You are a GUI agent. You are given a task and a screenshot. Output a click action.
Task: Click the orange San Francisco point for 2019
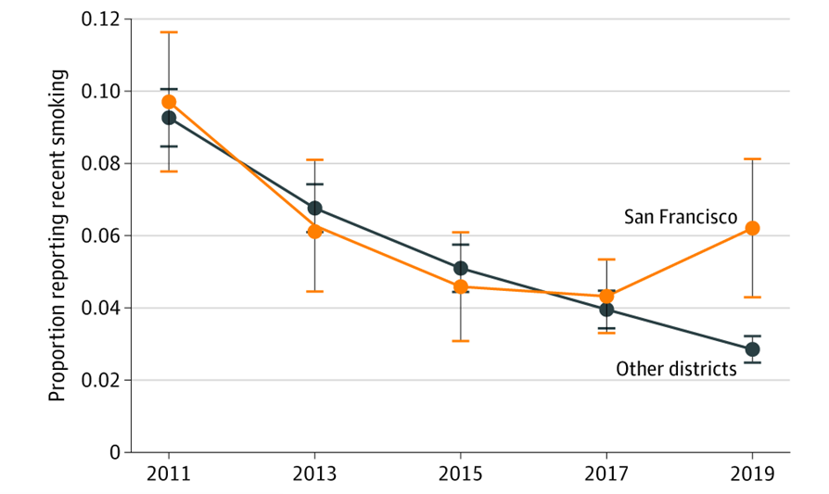(x=752, y=228)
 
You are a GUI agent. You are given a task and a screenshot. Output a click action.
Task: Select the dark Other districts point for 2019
(x=752, y=349)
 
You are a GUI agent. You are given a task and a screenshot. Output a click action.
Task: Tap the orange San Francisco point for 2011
(x=169, y=102)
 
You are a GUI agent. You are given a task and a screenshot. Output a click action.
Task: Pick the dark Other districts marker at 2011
(x=169, y=118)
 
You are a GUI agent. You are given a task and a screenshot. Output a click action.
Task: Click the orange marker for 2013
(x=314, y=231)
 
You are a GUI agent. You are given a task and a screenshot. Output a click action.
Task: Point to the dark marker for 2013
(x=314, y=209)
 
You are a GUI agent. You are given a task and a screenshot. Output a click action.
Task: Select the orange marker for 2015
(x=461, y=287)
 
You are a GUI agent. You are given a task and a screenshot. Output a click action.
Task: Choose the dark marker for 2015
(x=461, y=269)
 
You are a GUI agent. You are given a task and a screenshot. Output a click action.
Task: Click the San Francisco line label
(x=680, y=217)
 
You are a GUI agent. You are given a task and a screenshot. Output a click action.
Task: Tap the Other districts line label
(x=676, y=370)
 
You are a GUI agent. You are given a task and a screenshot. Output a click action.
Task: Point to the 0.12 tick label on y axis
(x=102, y=19)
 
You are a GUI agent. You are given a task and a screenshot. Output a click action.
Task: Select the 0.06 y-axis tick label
(x=102, y=236)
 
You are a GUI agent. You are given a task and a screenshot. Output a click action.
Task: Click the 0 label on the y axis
(x=115, y=453)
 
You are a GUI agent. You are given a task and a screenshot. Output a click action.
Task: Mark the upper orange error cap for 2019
(x=752, y=159)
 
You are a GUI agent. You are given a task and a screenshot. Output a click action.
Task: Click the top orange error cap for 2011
(x=169, y=32)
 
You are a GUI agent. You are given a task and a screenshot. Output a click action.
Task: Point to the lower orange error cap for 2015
(x=461, y=341)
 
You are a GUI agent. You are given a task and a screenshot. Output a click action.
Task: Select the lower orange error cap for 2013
(x=314, y=291)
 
